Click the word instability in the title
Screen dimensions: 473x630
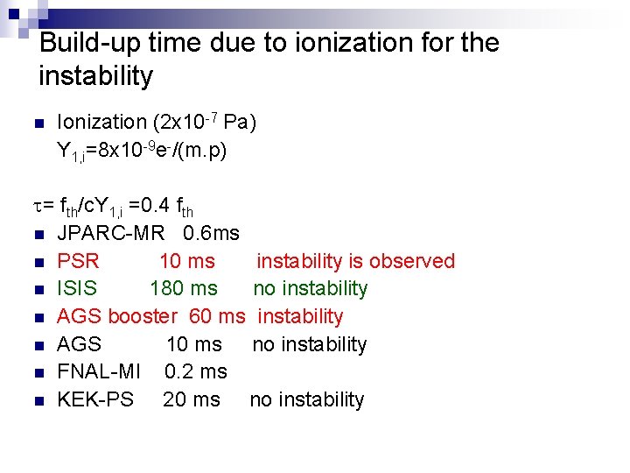tap(95, 76)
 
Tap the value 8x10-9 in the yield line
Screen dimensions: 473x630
tap(128, 151)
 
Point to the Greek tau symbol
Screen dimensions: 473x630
tap(39, 207)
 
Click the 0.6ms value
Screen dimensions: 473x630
tap(212, 233)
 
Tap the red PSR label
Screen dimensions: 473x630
tap(78, 261)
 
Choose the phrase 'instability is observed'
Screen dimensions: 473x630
tap(355, 261)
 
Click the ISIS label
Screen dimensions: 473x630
tap(77, 288)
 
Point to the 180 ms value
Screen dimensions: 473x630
tap(184, 288)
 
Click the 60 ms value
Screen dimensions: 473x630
tap(217, 316)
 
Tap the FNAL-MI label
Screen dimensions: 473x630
tap(99, 371)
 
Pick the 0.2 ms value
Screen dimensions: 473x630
tap(196, 371)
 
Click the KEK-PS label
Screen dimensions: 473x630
tap(95, 399)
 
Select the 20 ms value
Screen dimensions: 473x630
tap(192, 399)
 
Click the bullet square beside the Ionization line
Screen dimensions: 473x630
tap(41, 124)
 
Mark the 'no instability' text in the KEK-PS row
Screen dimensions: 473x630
tap(306, 399)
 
